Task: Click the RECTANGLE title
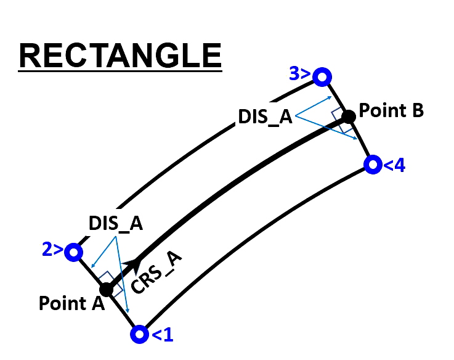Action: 120,55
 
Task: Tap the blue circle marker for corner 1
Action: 140,334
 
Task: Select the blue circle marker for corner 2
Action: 74,252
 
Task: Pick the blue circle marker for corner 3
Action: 322,77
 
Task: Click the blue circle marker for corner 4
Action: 373,165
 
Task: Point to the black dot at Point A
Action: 106,290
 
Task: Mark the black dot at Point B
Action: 348,117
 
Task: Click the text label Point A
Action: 71,303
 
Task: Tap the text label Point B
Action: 391,110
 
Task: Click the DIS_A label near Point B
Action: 266,117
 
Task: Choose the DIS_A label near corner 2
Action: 116,224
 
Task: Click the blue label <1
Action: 163,335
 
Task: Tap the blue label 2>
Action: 53,249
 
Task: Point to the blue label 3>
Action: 299,73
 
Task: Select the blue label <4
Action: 394,165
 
